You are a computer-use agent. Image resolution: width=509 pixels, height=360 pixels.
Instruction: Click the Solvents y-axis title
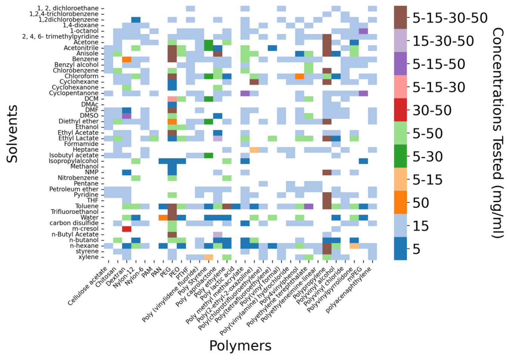(x=12, y=134)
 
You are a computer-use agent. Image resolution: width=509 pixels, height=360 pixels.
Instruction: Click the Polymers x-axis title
(x=240, y=346)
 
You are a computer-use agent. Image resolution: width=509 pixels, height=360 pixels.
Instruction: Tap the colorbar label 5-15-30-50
(x=450, y=18)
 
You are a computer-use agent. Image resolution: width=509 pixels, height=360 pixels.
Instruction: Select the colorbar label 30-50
(x=432, y=110)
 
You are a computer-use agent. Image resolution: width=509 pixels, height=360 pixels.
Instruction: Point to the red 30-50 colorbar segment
(x=400, y=110)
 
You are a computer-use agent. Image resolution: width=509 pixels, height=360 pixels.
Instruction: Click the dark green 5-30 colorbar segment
(x=400, y=156)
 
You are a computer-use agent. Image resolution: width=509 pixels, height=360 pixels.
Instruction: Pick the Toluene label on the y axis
(x=87, y=206)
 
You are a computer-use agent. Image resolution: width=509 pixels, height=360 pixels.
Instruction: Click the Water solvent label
(x=89, y=217)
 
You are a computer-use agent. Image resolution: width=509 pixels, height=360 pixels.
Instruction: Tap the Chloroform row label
(x=81, y=76)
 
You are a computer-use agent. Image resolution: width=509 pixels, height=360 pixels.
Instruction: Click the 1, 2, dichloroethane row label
(x=68, y=8)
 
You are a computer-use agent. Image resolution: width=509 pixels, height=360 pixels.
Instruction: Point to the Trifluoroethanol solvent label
(x=75, y=212)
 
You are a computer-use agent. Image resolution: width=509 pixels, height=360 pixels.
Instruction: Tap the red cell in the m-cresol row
(x=127, y=229)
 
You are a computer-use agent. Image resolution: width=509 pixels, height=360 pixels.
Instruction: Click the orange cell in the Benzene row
(x=127, y=59)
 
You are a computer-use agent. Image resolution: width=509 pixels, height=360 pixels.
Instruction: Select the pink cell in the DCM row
(x=172, y=99)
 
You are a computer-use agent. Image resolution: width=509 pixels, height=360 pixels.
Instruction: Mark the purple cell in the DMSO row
(x=127, y=116)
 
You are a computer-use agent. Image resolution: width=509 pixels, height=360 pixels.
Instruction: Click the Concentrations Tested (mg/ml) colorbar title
(x=498, y=133)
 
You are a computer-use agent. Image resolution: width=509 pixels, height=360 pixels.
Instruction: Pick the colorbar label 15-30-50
(x=443, y=41)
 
